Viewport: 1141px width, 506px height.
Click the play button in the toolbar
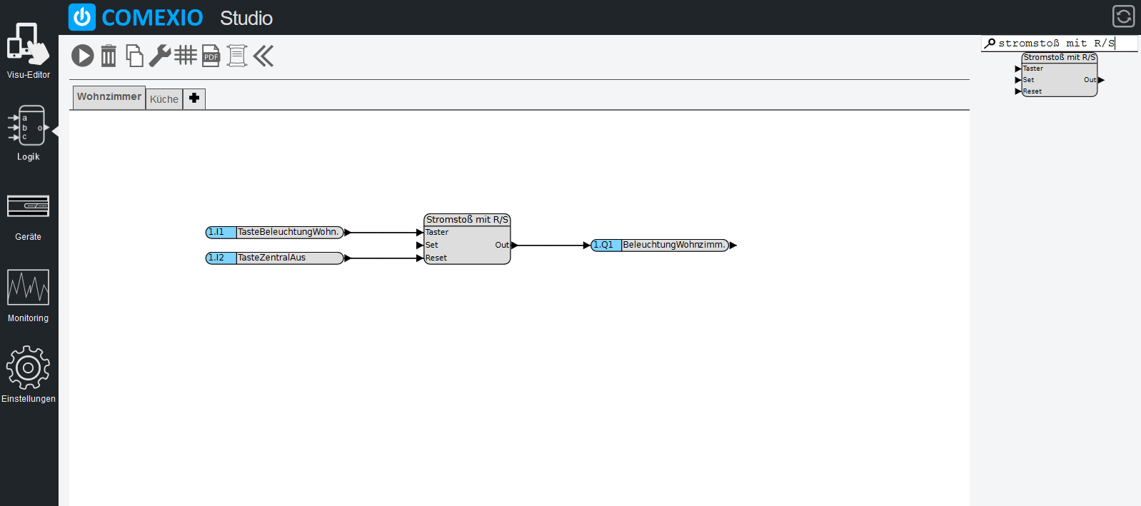[x=83, y=56]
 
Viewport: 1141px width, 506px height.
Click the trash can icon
[x=109, y=56]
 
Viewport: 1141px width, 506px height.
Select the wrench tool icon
[x=160, y=56]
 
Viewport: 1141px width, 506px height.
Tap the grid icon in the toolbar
[x=186, y=55]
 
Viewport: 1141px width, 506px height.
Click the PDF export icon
[x=211, y=56]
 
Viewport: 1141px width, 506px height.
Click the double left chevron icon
[x=263, y=56]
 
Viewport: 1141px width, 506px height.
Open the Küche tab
[x=164, y=98]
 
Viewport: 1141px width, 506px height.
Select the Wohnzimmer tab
[x=109, y=97]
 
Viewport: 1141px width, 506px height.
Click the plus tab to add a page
[x=194, y=98]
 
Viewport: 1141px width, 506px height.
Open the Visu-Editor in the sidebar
[x=28, y=50]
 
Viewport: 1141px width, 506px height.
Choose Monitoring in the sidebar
[x=28, y=295]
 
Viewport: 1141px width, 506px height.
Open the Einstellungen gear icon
[x=28, y=374]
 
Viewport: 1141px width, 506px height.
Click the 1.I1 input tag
[x=221, y=232]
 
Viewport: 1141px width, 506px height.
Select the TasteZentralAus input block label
[x=271, y=258]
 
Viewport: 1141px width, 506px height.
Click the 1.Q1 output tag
[x=606, y=245]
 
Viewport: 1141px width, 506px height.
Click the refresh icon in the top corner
[x=1123, y=16]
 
